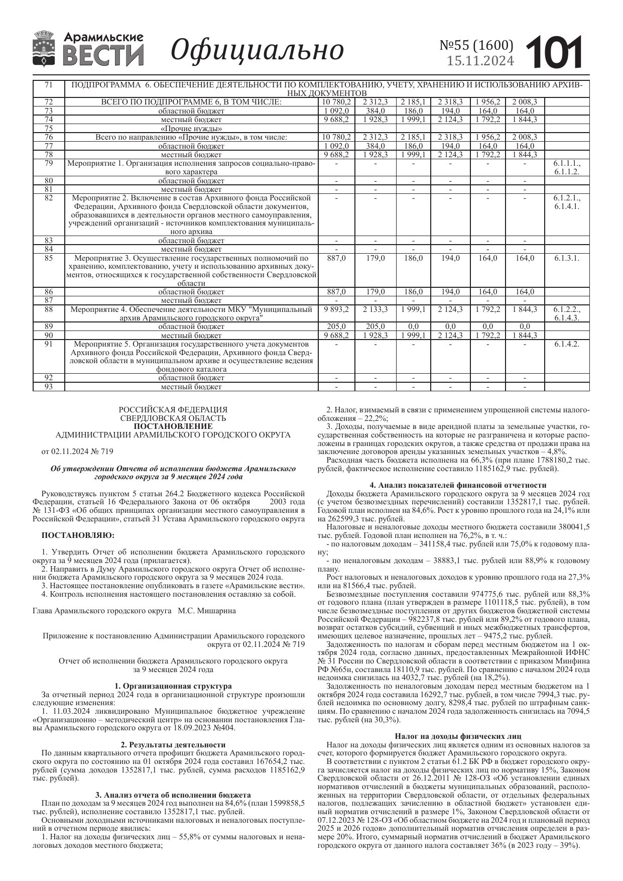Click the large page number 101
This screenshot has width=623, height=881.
[554, 52]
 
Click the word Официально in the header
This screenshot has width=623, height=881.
[258, 50]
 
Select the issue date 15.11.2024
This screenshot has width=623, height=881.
[480, 61]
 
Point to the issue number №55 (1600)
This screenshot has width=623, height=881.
[476, 46]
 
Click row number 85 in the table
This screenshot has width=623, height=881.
[49, 258]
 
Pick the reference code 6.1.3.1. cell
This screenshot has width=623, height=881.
[567, 258]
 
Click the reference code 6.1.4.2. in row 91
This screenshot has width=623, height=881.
[567, 344]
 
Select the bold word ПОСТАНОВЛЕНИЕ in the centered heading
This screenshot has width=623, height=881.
[173, 426]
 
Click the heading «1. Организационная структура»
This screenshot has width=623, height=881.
[173, 686]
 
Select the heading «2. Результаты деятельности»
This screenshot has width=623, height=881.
[173, 745]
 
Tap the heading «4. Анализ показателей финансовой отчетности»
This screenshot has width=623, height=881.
[458, 485]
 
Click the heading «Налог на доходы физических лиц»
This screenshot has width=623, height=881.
[458, 737]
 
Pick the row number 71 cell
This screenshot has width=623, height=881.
[49, 85]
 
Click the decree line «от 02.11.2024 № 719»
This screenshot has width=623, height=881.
[77, 452]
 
